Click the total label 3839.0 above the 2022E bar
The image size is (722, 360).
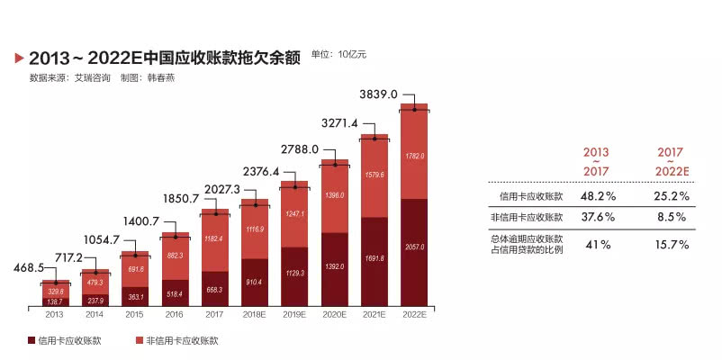379,94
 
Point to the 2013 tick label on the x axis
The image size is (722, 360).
54,315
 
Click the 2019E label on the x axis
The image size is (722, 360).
294,315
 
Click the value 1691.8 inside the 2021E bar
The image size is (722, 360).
374,259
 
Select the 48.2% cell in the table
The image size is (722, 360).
596,195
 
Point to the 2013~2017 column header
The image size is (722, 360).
596,162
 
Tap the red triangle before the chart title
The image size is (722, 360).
19,58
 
